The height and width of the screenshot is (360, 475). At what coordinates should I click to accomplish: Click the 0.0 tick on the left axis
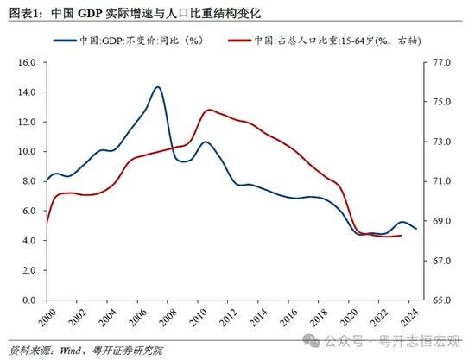[x=27, y=300]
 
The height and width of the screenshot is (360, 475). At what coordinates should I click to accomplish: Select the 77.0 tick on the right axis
[x=441, y=63]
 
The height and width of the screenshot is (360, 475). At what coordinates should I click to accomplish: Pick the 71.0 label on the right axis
[x=441, y=181]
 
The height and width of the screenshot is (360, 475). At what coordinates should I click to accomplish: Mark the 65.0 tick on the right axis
[x=441, y=300]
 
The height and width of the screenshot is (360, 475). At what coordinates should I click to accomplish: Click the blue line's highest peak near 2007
[x=157, y=87]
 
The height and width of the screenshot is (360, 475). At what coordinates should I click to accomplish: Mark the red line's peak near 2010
[x=209, y=110]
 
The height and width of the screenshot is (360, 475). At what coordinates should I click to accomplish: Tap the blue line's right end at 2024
[x=416, y=229]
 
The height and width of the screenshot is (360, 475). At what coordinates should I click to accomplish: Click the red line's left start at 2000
[x=47, y=223]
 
